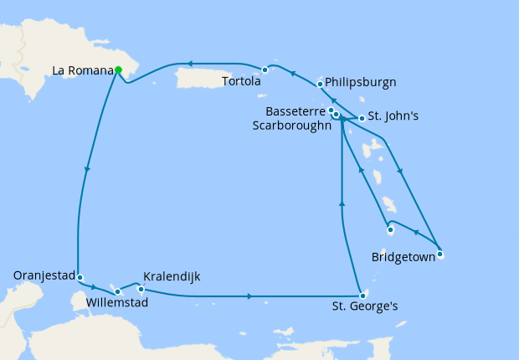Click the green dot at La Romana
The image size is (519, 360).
coord(118,70)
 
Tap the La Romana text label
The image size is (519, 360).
coord(82,71)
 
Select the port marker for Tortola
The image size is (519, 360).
coord(265,69)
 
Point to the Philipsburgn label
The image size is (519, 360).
coord(361,82)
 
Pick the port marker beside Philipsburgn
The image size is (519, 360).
coord(320,84)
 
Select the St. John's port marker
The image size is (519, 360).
coord(362,118)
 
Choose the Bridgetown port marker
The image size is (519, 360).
coord(439,255)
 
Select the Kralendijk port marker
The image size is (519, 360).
coord(141,289)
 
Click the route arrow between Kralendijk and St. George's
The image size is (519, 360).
coord(250,296)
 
